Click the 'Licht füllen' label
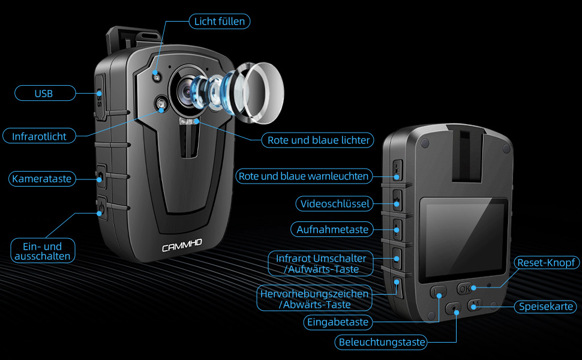pyautogui.click(x=220, y=21)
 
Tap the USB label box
pyautogui.click(x=44, y=93)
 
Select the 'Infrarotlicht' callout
pyautogui.click(x=40, y=136)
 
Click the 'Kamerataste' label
pyautogui.click(x=41, y=179)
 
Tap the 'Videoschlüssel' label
pyautogui.click(x=334, y=203)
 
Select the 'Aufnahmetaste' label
pyautogui.click(x=333, y=229)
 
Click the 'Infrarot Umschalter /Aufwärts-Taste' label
pyautogui.click(x=321, y=263)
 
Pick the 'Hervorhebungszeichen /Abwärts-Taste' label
pyautogui.click(x=314, y=299)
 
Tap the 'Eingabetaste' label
pyautogui.click(x=337, y=322)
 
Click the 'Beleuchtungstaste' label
pyautogui.click(x=382, y=343)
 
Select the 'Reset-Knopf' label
pyautogui.click(x=546, y=263)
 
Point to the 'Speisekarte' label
pyautogui.click(x=546, y=307)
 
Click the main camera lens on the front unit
pyautogui.click(x=188, y=91)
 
